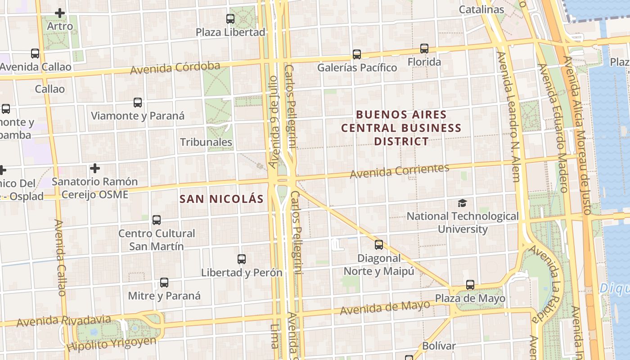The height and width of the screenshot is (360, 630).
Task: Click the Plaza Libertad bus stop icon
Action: [x=230, y=19]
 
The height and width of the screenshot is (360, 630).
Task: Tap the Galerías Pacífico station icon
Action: [x=357, y=54]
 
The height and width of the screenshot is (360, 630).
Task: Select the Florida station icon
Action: [x=424, y=49]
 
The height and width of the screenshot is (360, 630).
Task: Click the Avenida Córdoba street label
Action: [x=175, y=68]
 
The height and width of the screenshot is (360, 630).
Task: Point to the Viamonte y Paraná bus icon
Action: [x=138, y=103]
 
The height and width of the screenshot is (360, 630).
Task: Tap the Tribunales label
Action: [x=206, y=142]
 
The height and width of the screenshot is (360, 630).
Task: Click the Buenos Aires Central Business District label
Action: [x=402, y=128]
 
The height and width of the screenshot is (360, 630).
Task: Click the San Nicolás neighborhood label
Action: [x=221, y=199]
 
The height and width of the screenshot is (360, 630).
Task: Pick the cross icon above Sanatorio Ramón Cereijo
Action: [x=94, y=168]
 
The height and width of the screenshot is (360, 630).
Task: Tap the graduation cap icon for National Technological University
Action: [x=462, y=203]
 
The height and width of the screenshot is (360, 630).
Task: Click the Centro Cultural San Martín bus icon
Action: [x=157, y=220]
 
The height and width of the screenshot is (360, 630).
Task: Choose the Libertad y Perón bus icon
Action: [x=242, y=259]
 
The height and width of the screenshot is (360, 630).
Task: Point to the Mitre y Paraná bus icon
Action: [x=164, y=283]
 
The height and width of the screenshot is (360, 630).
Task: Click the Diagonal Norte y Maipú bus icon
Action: [x=379, y=245]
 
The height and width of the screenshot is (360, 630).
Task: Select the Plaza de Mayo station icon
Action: [x=470, y=285]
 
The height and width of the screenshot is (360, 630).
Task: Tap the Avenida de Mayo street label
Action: [x=385, y=308]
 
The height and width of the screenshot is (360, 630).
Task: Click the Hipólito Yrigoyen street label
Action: [x=111, y=344]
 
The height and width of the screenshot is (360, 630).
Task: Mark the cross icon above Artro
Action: [x=60, y=13]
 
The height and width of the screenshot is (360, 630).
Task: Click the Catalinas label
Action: [x=481, y=9]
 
